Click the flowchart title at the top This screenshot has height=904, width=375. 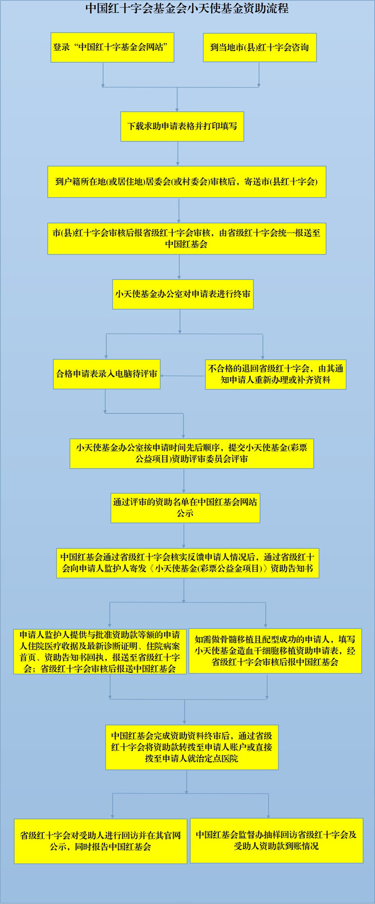[x=187, y=9]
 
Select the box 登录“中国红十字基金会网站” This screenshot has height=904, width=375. [x=112, y=47]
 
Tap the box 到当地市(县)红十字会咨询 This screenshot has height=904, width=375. [x=260, y=48]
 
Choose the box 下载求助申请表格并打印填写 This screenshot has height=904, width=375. [x=182, y=126]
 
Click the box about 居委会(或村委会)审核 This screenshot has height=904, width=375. [x=187, y=181]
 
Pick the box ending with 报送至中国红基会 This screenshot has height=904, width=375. [x=187, y=239]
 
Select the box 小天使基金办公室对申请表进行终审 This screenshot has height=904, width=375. [x=183, y=294]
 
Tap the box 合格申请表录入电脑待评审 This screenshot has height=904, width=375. [x=107, y=374]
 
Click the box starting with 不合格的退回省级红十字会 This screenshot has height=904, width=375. [x=276, y=374]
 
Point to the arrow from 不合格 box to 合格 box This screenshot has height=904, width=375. [x=183, y=376]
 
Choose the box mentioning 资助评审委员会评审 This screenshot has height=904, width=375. [x=192, y=454]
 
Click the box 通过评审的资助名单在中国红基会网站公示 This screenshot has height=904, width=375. [x=185, y=508]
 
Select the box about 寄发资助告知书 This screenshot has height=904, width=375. [x=187, y=563]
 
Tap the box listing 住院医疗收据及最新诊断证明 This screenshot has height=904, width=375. [x=100, y=651]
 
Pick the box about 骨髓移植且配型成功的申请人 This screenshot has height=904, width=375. [x=275, y=651]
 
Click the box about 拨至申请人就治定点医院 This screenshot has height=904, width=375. [x=192, y=747]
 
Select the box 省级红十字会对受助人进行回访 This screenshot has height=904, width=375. [x=101, y=841]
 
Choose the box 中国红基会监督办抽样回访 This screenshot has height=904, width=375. [x=276, y=840]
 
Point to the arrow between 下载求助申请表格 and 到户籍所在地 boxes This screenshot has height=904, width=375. [x=177, y=153]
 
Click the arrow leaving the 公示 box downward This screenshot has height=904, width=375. [x=184, y=535]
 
